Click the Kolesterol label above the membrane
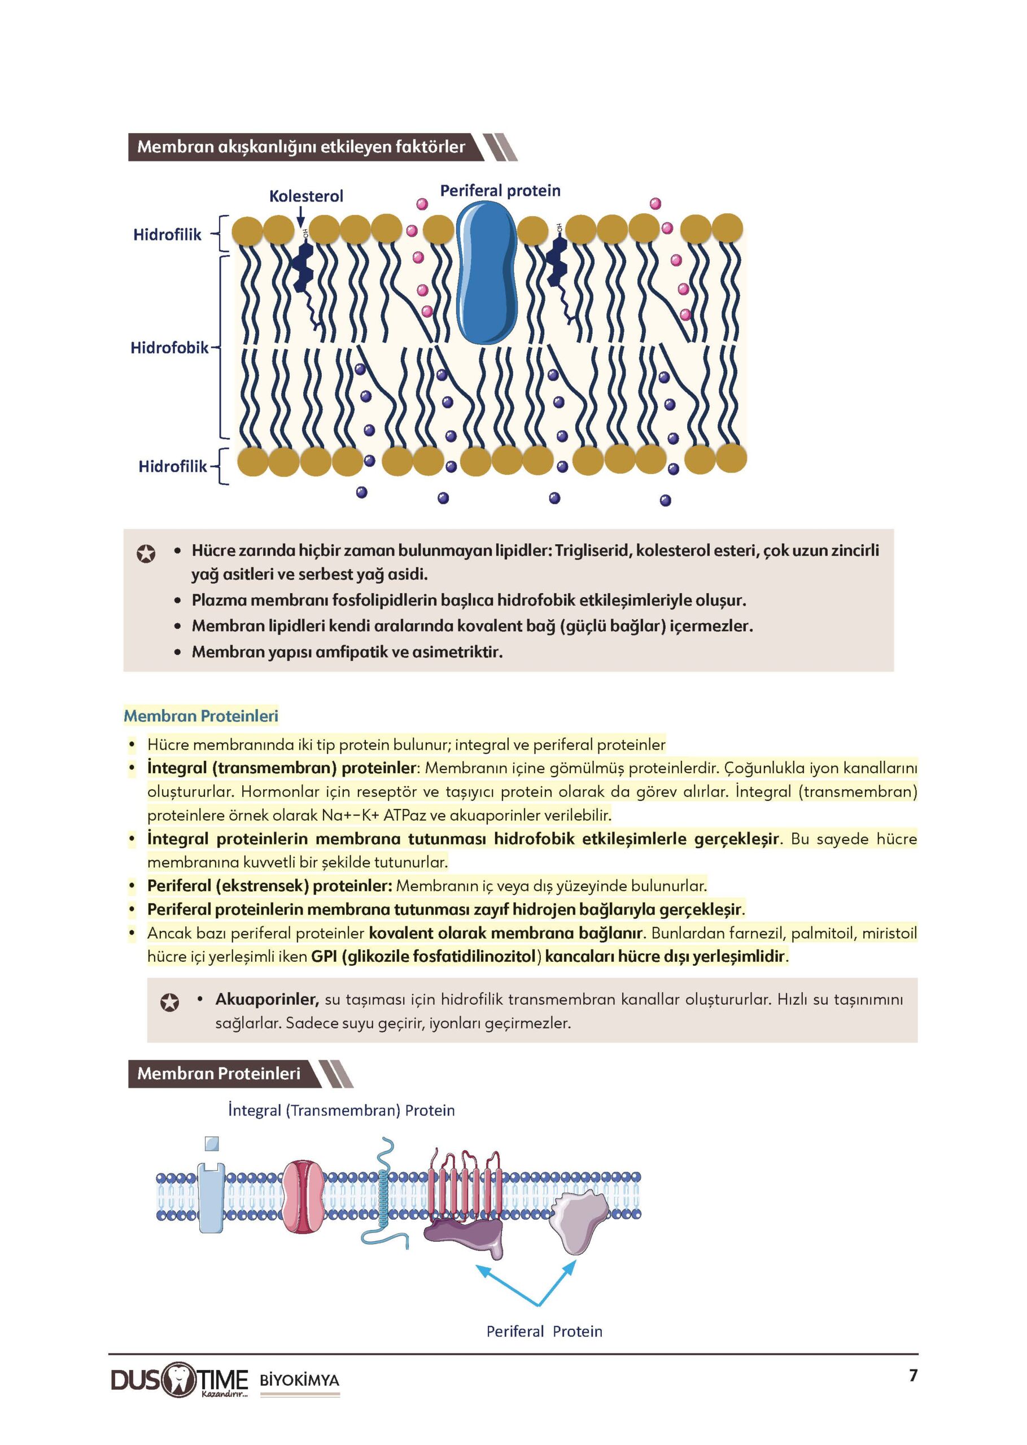306,196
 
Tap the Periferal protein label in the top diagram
500,190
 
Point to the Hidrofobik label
169,348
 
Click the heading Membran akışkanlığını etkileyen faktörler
301,147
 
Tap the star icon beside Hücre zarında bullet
146,554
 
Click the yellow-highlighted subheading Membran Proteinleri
201,716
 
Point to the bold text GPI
324,956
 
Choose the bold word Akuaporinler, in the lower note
267,999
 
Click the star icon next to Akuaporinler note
169,1002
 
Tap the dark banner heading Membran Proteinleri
219,1074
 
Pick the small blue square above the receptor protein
212,1144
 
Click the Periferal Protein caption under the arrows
544,1331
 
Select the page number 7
912,1376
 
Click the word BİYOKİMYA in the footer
299,1380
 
